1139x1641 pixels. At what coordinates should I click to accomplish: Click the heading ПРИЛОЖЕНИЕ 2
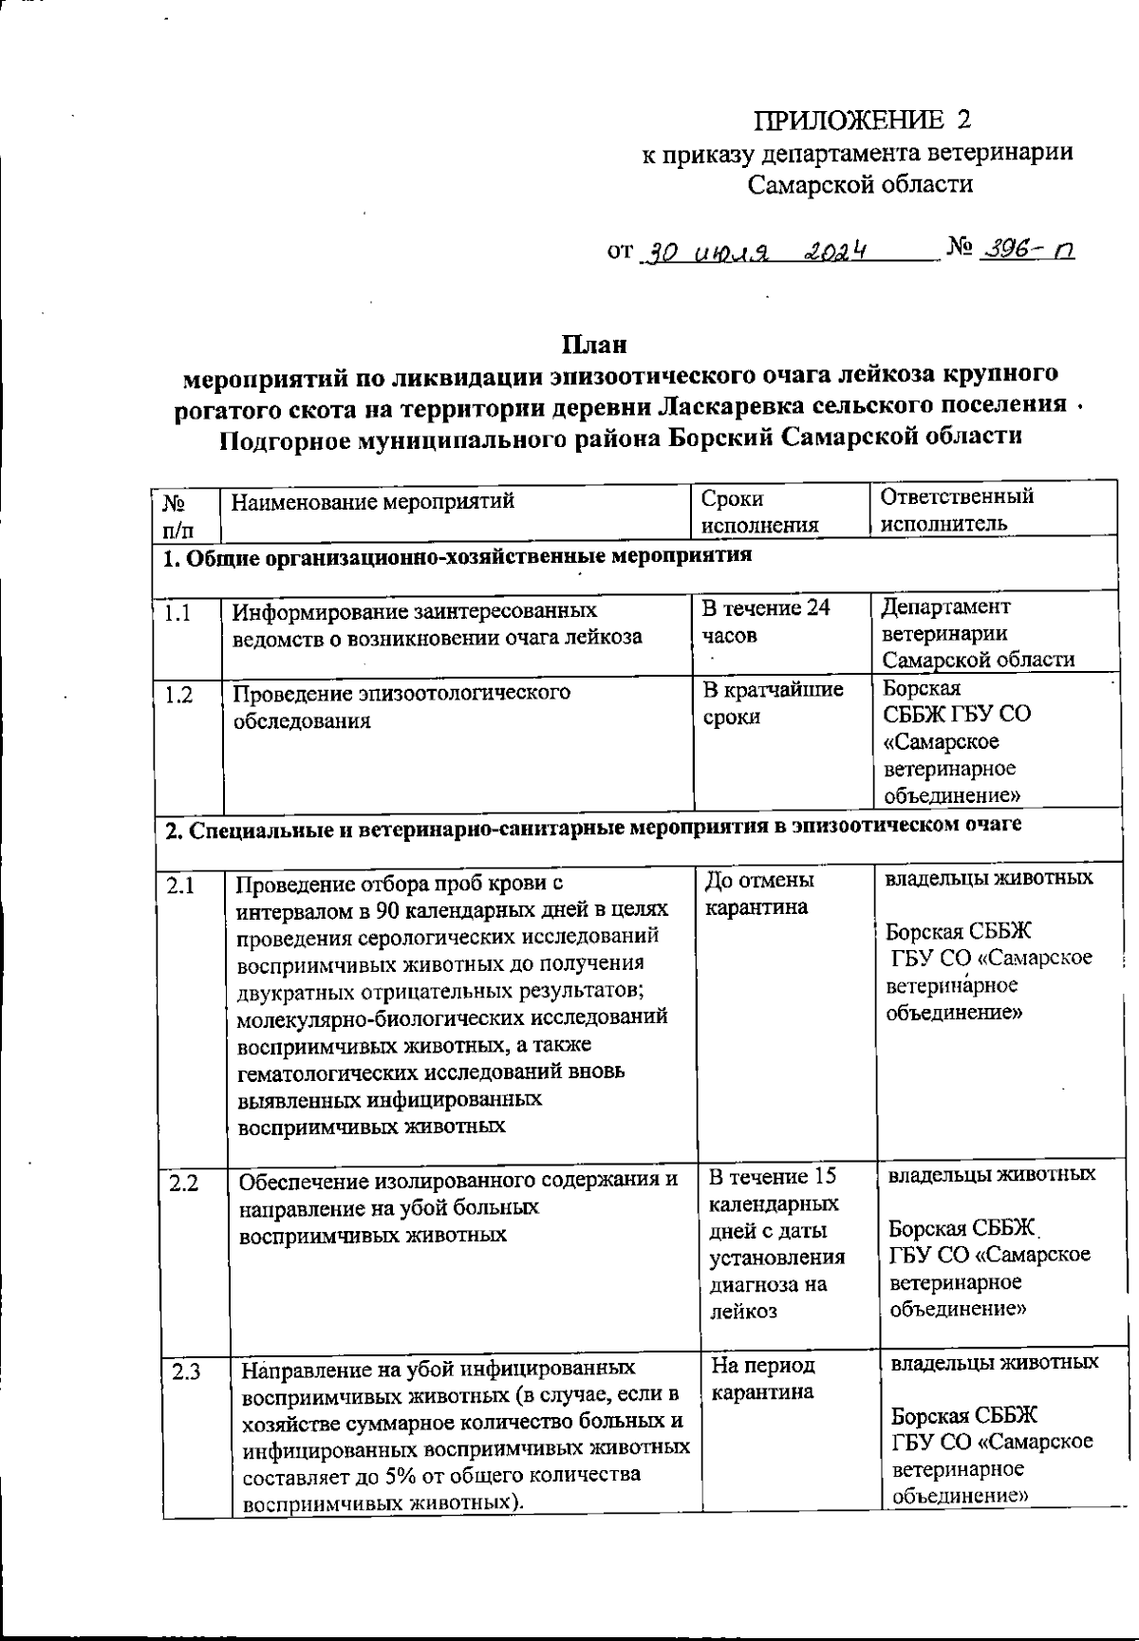pyautogui.click(x=863, y=121)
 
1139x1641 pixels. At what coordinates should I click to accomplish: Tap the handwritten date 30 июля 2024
pyautogui.click(x=755, y=252)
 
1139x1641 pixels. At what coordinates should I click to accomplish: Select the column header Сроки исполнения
pyautogui.click(x=759, y=511)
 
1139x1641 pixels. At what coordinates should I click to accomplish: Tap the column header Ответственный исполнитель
pyautogui.click(x=957, y=510)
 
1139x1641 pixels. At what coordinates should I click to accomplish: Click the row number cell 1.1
pyautogui.click(x=177, y=613)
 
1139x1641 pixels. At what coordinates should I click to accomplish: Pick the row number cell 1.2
pyautogui.click(x=178, y=695)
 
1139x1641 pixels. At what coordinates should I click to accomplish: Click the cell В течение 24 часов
pyautogui.click(x=765, y=621)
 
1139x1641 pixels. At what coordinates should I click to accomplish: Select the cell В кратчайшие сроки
pyautogui.click(x=772, y=702)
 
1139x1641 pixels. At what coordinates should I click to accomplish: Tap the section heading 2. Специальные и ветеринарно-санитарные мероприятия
pyautogui.click(x=593, y=826)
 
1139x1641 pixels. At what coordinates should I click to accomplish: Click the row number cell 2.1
pyautogui.click(x=180, y=886)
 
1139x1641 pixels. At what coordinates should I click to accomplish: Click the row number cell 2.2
pyautogui.click(x=183, y=1184)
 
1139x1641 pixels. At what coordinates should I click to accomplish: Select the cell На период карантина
pyautogui.click(x=763, y=1379)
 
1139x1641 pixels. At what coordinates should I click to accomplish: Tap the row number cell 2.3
pyautogui.click(x=186, y=1372)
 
